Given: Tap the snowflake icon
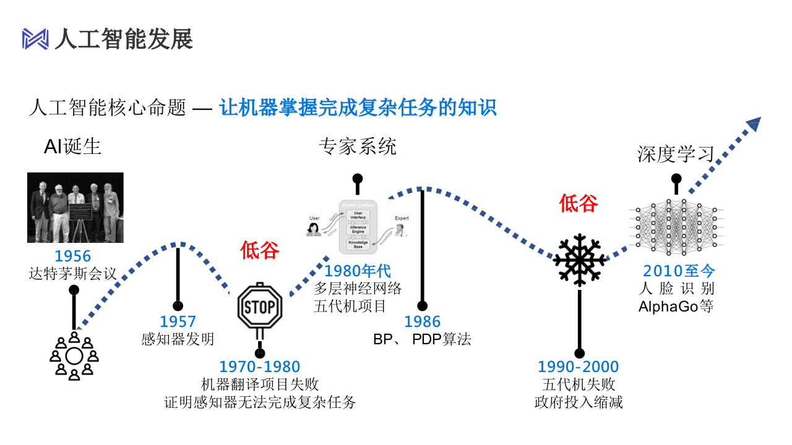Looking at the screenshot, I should point(579,260).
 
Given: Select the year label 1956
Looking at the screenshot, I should point(72,256).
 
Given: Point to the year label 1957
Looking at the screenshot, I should point(178,321).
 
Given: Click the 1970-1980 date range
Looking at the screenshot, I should point(260,367).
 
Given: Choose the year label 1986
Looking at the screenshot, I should point(423,321).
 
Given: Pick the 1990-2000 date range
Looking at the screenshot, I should point(579,367).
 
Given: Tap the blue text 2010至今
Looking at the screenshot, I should point(679,271).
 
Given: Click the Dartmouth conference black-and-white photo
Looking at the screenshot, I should point(75,208).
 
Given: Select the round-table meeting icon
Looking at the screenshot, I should point(74,356).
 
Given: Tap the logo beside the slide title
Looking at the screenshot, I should point(35,39).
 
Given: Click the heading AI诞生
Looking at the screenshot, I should point(72,146).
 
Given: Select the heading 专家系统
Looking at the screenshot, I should point(358,146).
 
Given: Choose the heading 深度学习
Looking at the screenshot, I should point(676,154).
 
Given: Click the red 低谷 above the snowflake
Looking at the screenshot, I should point(579,203).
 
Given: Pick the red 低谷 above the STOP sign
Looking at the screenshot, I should point(260,250).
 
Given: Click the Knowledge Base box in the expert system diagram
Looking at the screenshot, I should point(358,244).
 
